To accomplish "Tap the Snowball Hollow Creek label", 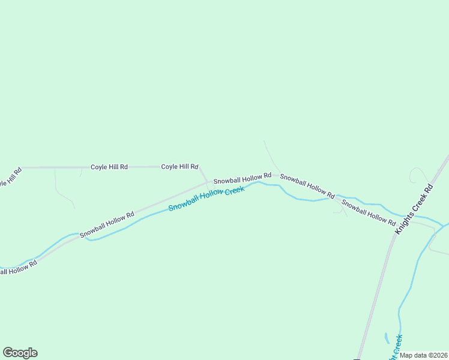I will click(x=206, y=199).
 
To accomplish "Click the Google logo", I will click(x=20, y=353).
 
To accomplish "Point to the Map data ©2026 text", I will click(x=423, y=355).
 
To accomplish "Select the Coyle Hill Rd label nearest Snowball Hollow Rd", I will click(x=179, y=166).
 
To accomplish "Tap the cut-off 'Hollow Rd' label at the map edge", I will click(x=18, y=268).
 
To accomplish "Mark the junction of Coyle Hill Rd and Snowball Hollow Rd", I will click(x=208, y=182).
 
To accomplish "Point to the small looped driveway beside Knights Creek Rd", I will click(x=417, y=175).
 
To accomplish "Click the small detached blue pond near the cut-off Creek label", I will click(x=387, y=338).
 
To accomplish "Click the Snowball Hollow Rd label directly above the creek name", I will click(x=243, y=178).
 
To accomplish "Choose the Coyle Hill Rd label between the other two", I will click(x=109, y=167).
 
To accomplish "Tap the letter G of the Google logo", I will click(x=8, y=352).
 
